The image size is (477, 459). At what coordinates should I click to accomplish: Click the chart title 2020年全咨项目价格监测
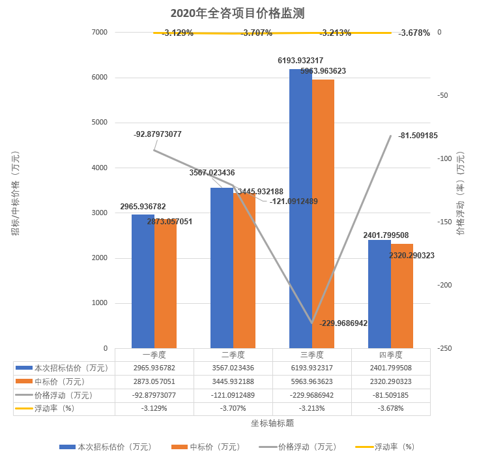point(238,13)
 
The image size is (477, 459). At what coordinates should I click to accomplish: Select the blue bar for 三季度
point(300,209)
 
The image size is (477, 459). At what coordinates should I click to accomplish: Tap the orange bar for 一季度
point(166,284)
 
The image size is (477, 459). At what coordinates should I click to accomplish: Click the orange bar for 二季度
point(244,271)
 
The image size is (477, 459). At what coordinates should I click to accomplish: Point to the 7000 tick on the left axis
point(99,32)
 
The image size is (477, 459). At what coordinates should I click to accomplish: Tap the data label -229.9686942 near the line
point(343,323)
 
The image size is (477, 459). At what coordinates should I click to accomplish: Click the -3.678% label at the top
point(414,33)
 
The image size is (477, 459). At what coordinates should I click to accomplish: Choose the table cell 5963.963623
point(312,381)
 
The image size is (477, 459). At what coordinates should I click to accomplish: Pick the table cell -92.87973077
point(154,395)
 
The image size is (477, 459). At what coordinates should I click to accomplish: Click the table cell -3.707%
point(233,409)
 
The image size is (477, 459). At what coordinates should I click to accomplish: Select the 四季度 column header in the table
point(391,355)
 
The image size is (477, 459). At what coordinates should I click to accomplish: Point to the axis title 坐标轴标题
point(272,423)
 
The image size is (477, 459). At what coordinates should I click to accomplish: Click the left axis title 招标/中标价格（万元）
point(15,194)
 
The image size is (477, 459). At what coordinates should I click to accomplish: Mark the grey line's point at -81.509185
point(391,136)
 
